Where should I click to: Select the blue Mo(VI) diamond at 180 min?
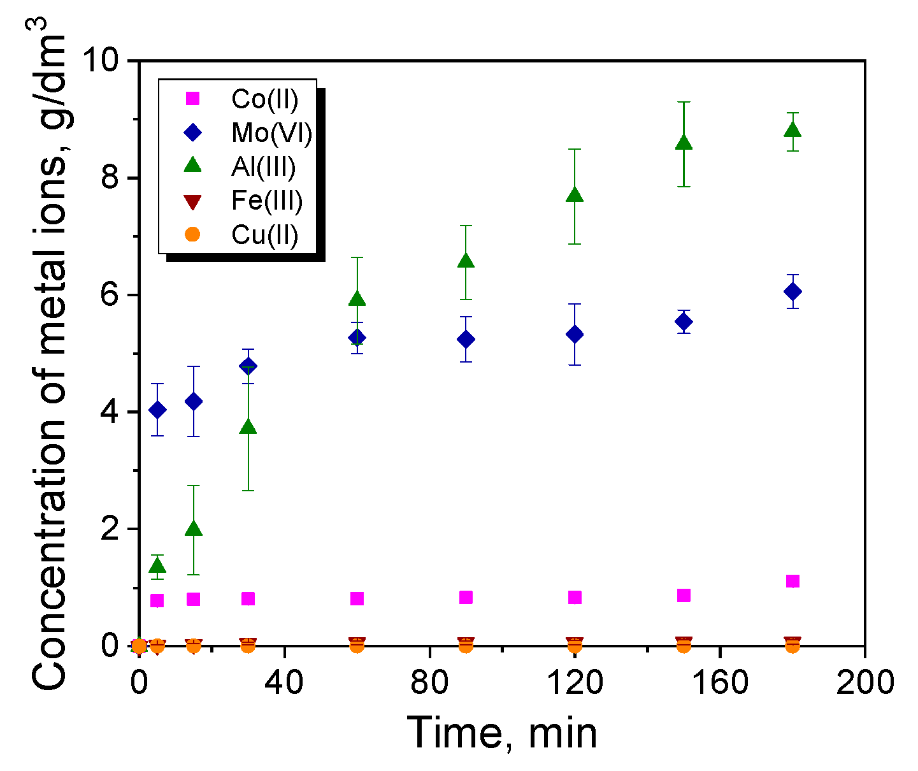[x=792, y=292]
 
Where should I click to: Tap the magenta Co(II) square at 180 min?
[x=792, y=581]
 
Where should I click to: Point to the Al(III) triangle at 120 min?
[x=575, y=196]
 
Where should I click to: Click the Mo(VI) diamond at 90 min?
[x=466, y=339]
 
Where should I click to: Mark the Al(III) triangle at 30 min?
[x=248, y=428]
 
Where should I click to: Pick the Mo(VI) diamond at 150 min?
[x=684, y=322]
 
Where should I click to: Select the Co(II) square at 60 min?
[x=357, y=598]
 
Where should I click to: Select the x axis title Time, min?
[x=502, y=733]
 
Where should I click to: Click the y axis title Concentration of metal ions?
[x=50, y=357]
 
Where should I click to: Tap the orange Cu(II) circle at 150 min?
[x=684, y=645]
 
